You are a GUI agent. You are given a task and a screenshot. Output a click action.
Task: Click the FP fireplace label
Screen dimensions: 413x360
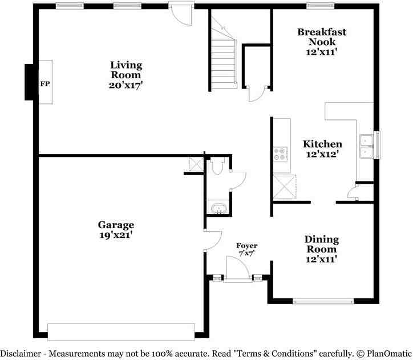click(x=45, y=84)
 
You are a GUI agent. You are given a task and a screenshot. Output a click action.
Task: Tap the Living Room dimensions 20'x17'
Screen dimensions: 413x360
click(x=126, y=85)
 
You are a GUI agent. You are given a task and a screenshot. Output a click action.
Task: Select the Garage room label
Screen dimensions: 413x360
click(x=116, y=225)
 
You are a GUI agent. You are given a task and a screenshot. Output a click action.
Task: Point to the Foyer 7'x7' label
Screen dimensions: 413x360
click(x=247, y=250)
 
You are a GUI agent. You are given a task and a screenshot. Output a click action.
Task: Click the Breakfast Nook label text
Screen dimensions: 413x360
click(x=322, y=37)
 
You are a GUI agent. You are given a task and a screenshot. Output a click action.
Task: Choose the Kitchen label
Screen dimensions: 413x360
click(x=323, y=144)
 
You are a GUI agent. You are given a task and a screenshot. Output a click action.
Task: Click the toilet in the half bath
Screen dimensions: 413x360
click(x=217, y=166)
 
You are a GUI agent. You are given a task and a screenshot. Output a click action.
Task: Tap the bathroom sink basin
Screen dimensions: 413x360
click(x=218, y=208)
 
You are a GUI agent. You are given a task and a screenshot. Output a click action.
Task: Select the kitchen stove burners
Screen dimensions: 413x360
click(x=280, y=154)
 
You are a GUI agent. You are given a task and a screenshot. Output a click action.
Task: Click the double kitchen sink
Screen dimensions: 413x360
click(x=367, y=146)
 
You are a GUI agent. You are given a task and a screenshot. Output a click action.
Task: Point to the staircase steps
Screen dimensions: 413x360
click(x=224, y=64)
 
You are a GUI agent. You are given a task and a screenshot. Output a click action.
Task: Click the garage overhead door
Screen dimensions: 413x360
click(x=121, y=333)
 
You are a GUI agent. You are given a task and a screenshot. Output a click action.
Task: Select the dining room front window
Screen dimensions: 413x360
click(x=323, y=301)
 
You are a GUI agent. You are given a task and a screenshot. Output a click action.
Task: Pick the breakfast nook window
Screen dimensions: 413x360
click(x=321, y=6)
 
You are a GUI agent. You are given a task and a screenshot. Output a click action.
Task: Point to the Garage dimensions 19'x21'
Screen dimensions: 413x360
click(x=116, y=235)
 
